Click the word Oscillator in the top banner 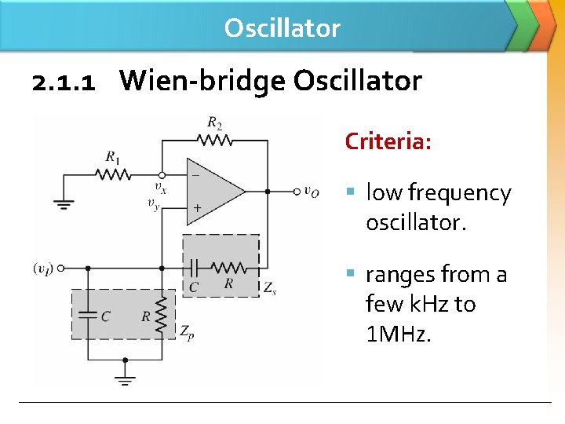coord(282,28)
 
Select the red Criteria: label coord(388,142)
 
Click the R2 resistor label coord(214,122)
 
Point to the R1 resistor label coord(113,156)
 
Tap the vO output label coord(312,191)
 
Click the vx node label coord(160,188)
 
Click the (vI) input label coord(42,268)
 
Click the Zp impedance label coord(187,333)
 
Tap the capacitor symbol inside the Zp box coord(87,315)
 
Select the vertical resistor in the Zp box coord(162,314)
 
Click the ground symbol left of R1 coord(64,204)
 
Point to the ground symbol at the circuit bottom coord(124,378)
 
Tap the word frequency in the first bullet coord(460,193)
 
